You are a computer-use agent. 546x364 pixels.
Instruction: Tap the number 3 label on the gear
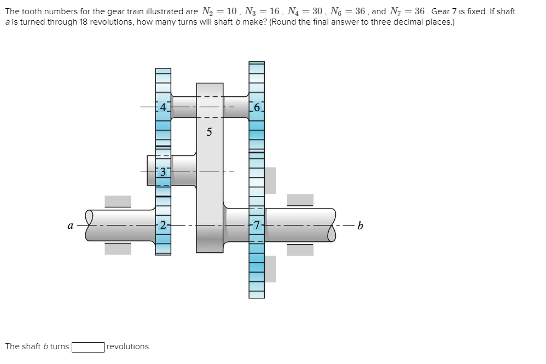162,172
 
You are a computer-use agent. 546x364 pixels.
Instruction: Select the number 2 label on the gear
162,224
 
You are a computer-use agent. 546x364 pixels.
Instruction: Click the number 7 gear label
257,224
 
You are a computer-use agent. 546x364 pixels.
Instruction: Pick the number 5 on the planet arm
209,132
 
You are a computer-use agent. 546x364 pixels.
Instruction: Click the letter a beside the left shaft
69,225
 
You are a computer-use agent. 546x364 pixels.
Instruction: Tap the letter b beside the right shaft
359,225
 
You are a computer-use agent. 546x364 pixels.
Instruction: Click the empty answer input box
88,346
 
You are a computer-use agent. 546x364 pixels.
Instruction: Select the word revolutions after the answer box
129,346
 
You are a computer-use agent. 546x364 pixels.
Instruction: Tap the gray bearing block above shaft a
118,201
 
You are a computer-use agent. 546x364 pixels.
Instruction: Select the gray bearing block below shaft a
118,249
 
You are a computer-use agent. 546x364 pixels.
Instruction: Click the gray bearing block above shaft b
300,200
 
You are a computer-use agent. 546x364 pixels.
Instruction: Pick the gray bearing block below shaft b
300,250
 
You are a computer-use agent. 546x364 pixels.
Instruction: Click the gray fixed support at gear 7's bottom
270,269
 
